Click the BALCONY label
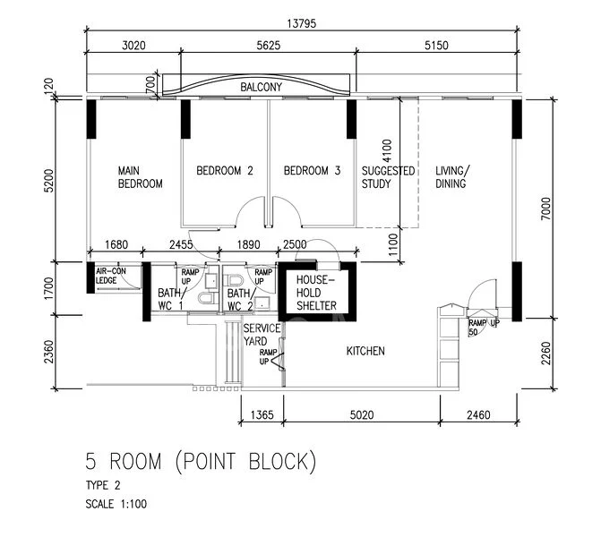261,87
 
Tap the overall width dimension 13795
302,24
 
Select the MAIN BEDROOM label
140,177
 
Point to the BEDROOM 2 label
225,170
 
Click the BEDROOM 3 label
312,170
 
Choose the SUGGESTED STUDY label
388,177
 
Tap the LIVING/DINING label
452,177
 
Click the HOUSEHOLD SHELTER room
316,293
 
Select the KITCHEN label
365,351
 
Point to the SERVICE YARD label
262,335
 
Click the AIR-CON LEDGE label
110,276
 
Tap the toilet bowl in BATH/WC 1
207,298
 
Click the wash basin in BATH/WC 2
262,303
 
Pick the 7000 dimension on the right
545,209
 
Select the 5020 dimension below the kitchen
362,414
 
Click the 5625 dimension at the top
269,45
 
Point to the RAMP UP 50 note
484,328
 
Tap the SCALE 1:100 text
116,504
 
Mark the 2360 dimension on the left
48,352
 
